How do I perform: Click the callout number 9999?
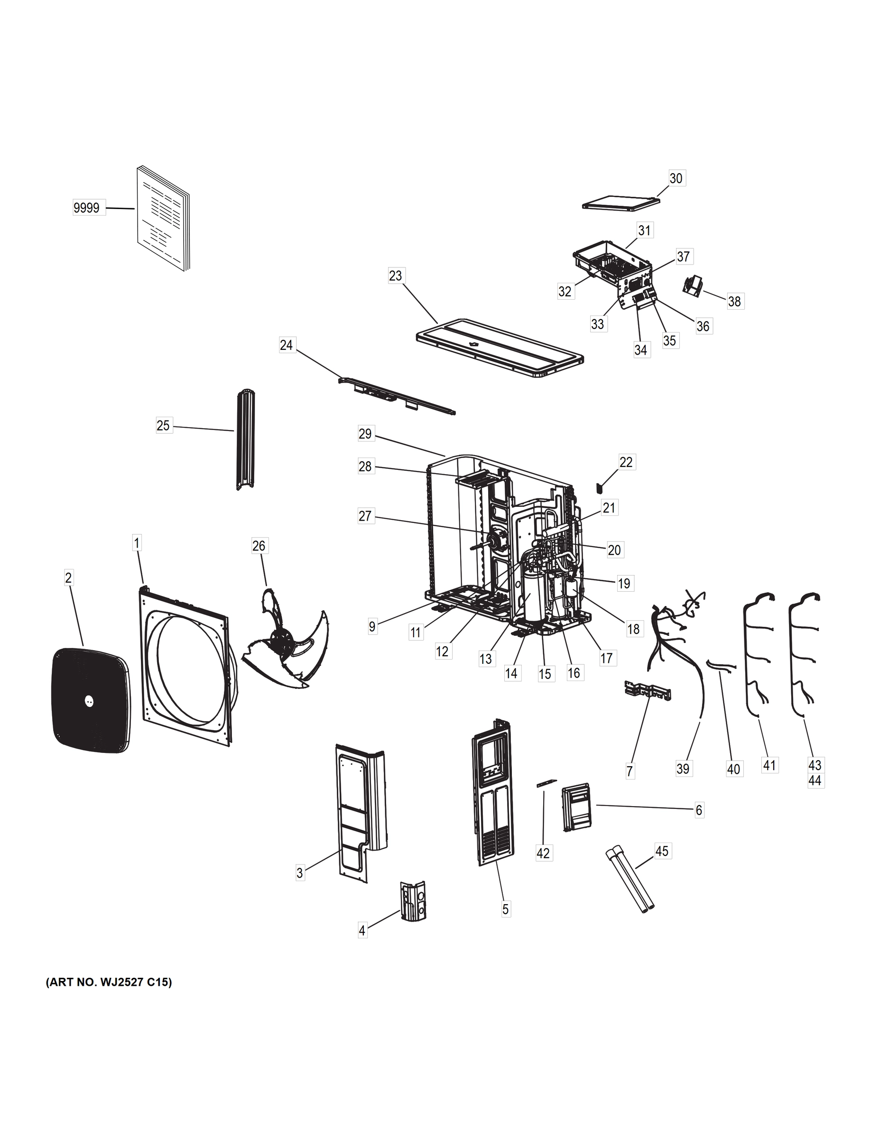point(86,209)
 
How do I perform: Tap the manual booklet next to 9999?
point(163,219)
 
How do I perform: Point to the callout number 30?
point(676,178)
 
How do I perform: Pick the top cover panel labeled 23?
point(500,353)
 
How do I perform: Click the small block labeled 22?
point(599,488)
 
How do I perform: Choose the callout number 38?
point(734,301)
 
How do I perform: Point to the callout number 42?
point(543,853)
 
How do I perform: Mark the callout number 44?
point(815,795)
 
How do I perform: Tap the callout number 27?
point(365,516)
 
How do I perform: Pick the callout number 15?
point(544,674)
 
